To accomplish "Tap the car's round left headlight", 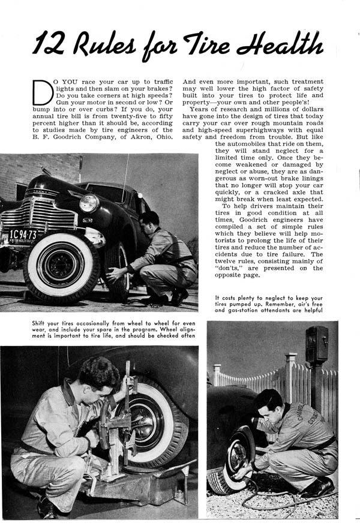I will coord(89,203).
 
